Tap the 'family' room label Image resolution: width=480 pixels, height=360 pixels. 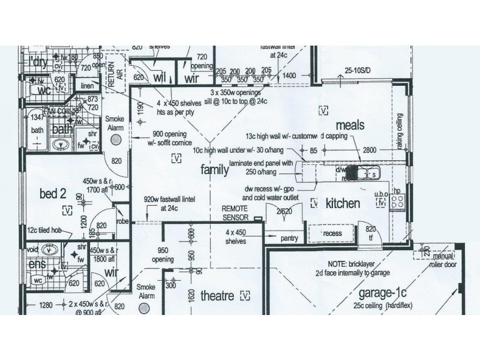click(214, 170)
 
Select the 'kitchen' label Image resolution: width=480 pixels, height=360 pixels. click(343, 203)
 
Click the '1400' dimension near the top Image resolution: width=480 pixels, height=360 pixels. click(290, 76)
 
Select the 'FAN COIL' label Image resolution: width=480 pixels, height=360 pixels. click(59, 112)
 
